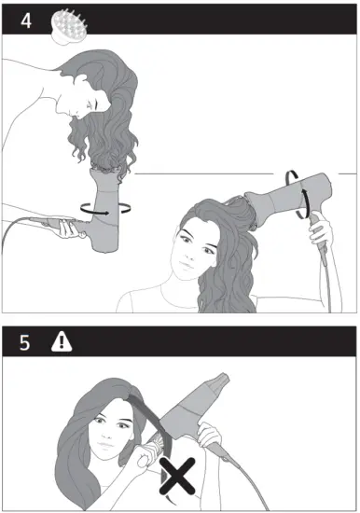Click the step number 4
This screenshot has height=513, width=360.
click(x=25, y=20)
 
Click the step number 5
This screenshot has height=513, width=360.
click(x=25, y=341)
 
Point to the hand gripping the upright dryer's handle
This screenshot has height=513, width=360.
click(x=66, y=224)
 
